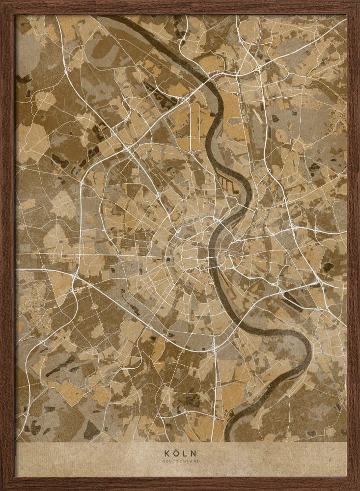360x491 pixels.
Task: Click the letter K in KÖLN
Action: click(166, 453)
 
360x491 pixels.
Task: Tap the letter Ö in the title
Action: click(175, 453)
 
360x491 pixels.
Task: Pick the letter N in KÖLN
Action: click(194, 453)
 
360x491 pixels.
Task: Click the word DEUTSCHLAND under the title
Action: click(180, 461)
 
